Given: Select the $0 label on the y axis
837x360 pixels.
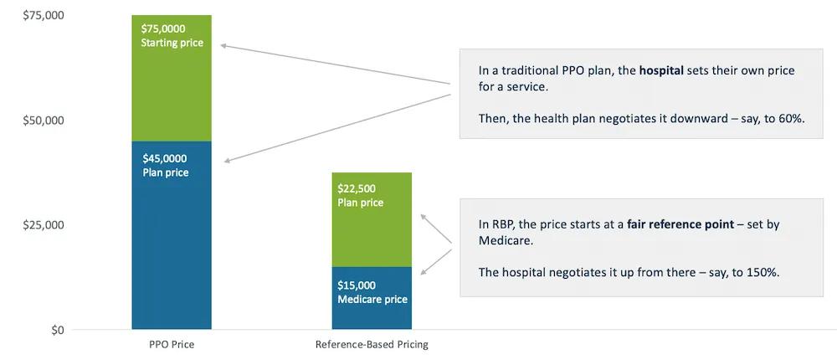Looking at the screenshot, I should [x=56, y=330].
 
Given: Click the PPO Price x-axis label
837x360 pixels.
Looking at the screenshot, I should [x=171, y=344].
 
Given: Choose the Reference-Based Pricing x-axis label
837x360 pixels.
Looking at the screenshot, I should [x=372, y=344].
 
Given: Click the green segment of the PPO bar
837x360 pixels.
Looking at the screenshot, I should [x=172, y=92].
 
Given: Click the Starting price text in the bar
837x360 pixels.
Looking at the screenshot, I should [x=172, y=43].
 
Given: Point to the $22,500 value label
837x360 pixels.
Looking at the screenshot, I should [x=357, y=188].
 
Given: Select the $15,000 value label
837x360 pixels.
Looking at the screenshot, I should [x=357, y=285].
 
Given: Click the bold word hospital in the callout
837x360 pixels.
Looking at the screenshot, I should [x=661, y=71].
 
